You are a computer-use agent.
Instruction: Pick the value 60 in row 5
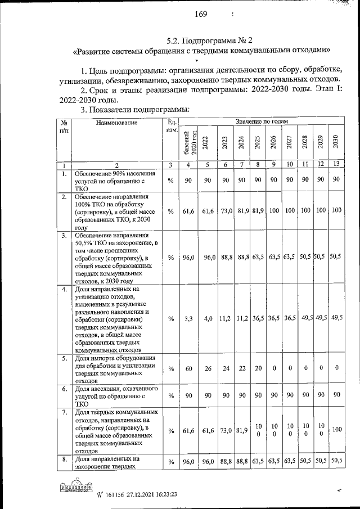click(x=190, y=368)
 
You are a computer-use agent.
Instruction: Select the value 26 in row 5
click(x=208, y=368)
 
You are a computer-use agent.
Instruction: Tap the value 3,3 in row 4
click(x=190, y=318)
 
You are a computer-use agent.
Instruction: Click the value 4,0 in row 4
click(x=208, y=318)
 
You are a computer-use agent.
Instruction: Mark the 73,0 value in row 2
click(x=225, y=210)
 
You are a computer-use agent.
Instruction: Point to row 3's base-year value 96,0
click(x=190, y=257)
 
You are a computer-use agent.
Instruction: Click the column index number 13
click(x=335, y=165)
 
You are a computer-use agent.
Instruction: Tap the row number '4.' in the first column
click(x=65, y=289)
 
